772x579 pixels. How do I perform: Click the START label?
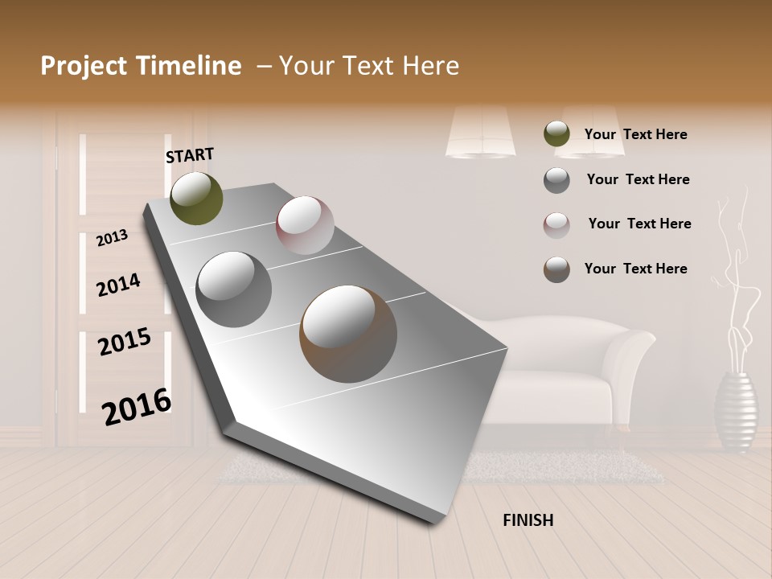coord(190,155)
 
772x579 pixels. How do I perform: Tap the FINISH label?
coord(528,520)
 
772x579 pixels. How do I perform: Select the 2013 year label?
coord(113,237)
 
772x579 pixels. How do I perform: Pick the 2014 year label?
coord(118,285)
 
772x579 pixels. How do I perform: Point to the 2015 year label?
coord(125,341)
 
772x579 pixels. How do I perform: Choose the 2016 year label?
coord(137,407)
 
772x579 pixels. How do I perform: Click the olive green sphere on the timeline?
coord(196,198)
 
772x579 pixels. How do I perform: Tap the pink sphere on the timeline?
coord(305,224)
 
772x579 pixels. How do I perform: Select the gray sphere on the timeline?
coord(234,289)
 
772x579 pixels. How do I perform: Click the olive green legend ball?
coord(556,134)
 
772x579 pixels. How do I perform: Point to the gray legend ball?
coord(556,180)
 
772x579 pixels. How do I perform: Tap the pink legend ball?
coord(556,225)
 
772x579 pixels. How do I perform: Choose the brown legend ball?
coord(556,269)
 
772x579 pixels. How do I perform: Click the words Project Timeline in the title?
coord(141,66)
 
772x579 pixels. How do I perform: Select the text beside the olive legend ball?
coord(635,134)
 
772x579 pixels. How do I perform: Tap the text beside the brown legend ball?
coord(635,269)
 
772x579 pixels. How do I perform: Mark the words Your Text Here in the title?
coord(368,66)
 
